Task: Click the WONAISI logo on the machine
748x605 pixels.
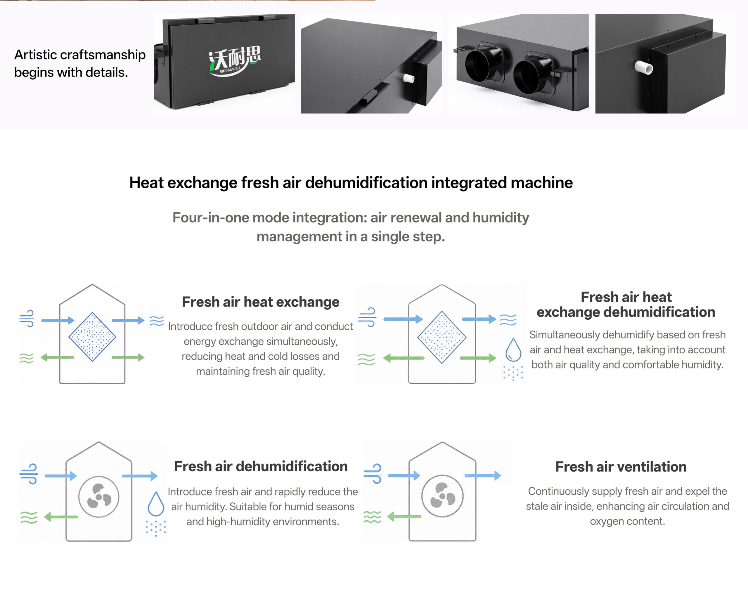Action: coord(235,61)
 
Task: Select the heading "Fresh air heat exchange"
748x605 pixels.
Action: coord(261,302)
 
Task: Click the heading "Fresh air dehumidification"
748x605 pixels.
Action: coord(261,466)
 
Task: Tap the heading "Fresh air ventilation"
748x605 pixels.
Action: coord(621,467)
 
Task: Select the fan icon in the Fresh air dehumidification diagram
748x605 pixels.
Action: coord(99,497)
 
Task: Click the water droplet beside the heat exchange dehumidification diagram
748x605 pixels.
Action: coord(513,350)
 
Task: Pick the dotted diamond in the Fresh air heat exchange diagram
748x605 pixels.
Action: coord(92,337)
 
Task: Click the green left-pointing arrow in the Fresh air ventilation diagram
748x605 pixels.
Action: coord(404,517)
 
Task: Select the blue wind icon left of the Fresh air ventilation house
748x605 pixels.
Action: coord(373,474)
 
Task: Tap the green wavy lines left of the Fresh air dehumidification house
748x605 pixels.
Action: coord(29,517)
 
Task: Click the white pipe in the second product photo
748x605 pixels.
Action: coord(409,78)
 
